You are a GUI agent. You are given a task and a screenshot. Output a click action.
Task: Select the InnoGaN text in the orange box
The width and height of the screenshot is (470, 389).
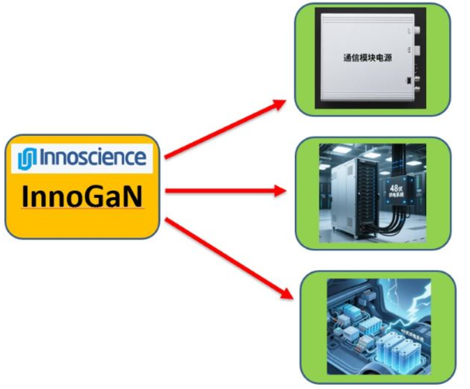[x=82, y=196]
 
